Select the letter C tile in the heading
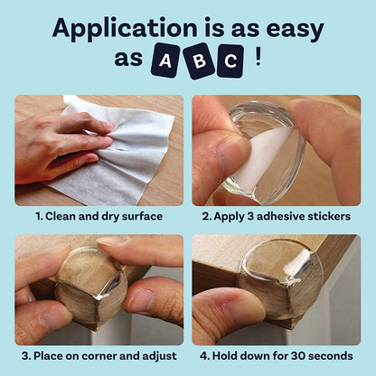pos(230,61)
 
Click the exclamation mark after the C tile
pos(259,59)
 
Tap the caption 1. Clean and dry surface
pos(98,217)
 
